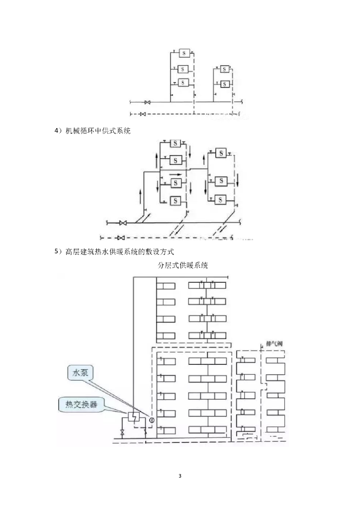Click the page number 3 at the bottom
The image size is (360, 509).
coord(180,477)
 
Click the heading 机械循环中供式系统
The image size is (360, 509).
coord(98,131)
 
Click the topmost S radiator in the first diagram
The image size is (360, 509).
coord(183,53)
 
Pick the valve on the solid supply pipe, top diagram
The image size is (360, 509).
coord(147,102)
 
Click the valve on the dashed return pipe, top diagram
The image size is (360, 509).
coord(143,114)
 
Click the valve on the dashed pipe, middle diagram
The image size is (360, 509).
coord(121,238)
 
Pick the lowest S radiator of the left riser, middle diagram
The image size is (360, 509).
coord(176,200)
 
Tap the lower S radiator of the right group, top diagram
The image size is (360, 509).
coord(225,84)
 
